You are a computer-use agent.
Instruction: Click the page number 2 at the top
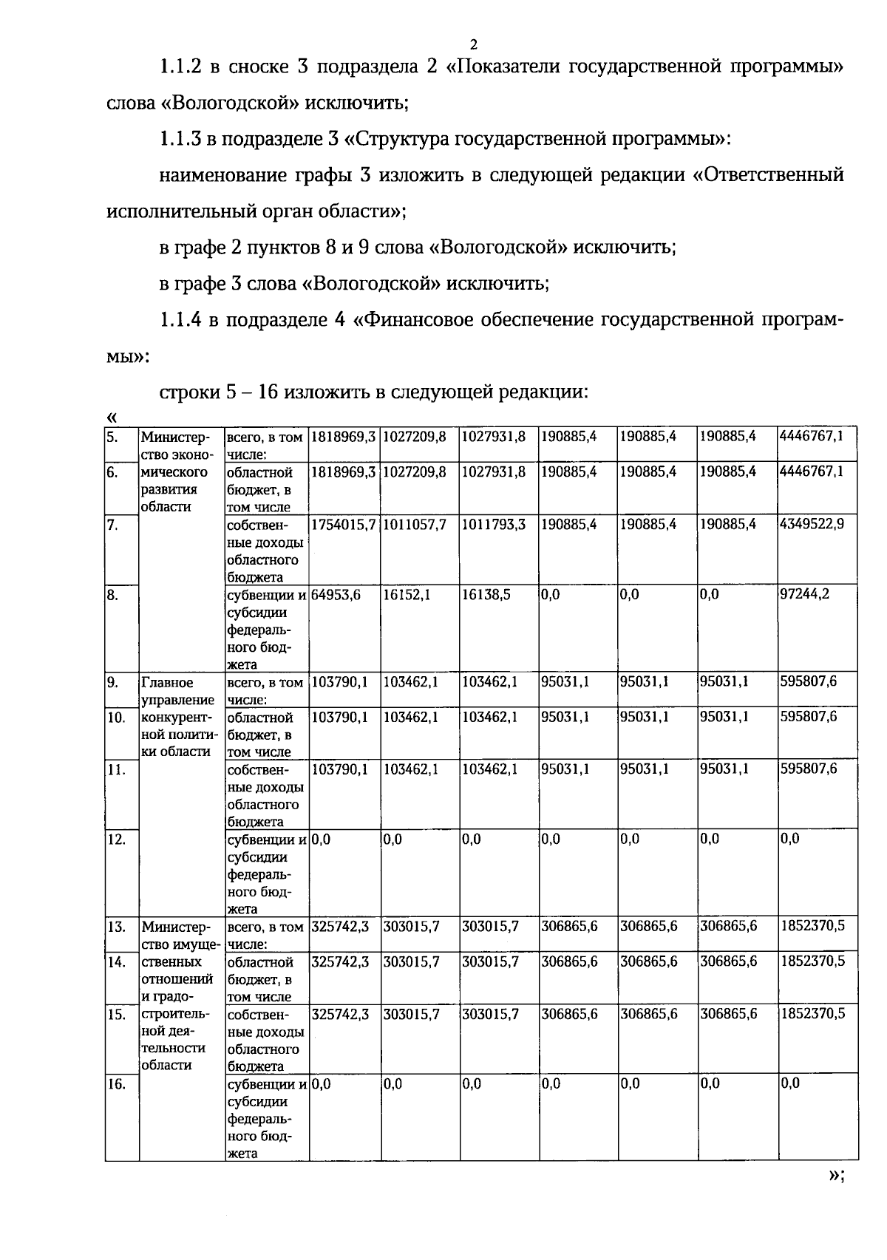tap(473, 44)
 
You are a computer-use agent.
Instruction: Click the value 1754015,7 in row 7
tap(344, 524)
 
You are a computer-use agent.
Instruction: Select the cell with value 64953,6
tap(336, 594)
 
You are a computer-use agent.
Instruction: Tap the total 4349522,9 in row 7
tap(812, 524)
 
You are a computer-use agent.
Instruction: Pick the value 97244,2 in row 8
tap(805, 594)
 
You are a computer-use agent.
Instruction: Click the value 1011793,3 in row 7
tap(495, 524)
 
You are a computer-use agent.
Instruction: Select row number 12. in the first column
tap(115, 839)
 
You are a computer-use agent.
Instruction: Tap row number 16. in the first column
tap(115, 1083)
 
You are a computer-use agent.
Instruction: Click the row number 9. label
tap(112, 682)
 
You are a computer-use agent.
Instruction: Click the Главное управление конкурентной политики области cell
tap(177, 717)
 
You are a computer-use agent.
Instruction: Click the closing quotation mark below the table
tap(835, 1176)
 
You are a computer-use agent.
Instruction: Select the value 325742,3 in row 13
tap(340, 926)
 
